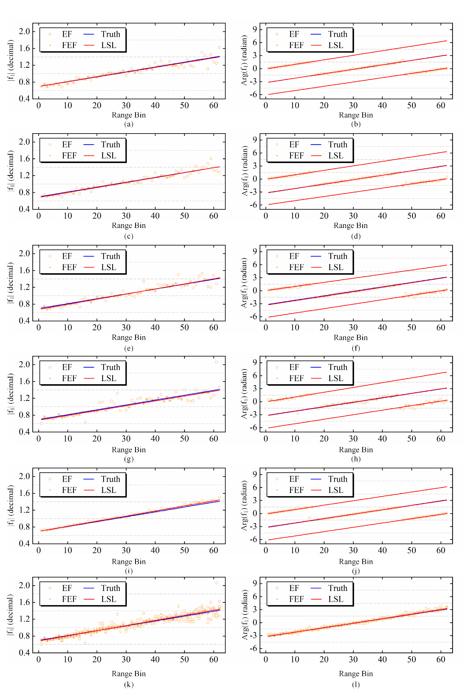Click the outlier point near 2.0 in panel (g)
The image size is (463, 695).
tap(217, 362)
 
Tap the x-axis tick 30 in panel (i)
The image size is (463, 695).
tap(126, 550)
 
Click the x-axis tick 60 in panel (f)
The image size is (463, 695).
tap(441, 327)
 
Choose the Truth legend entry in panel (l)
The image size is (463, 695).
tap(329, 588)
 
